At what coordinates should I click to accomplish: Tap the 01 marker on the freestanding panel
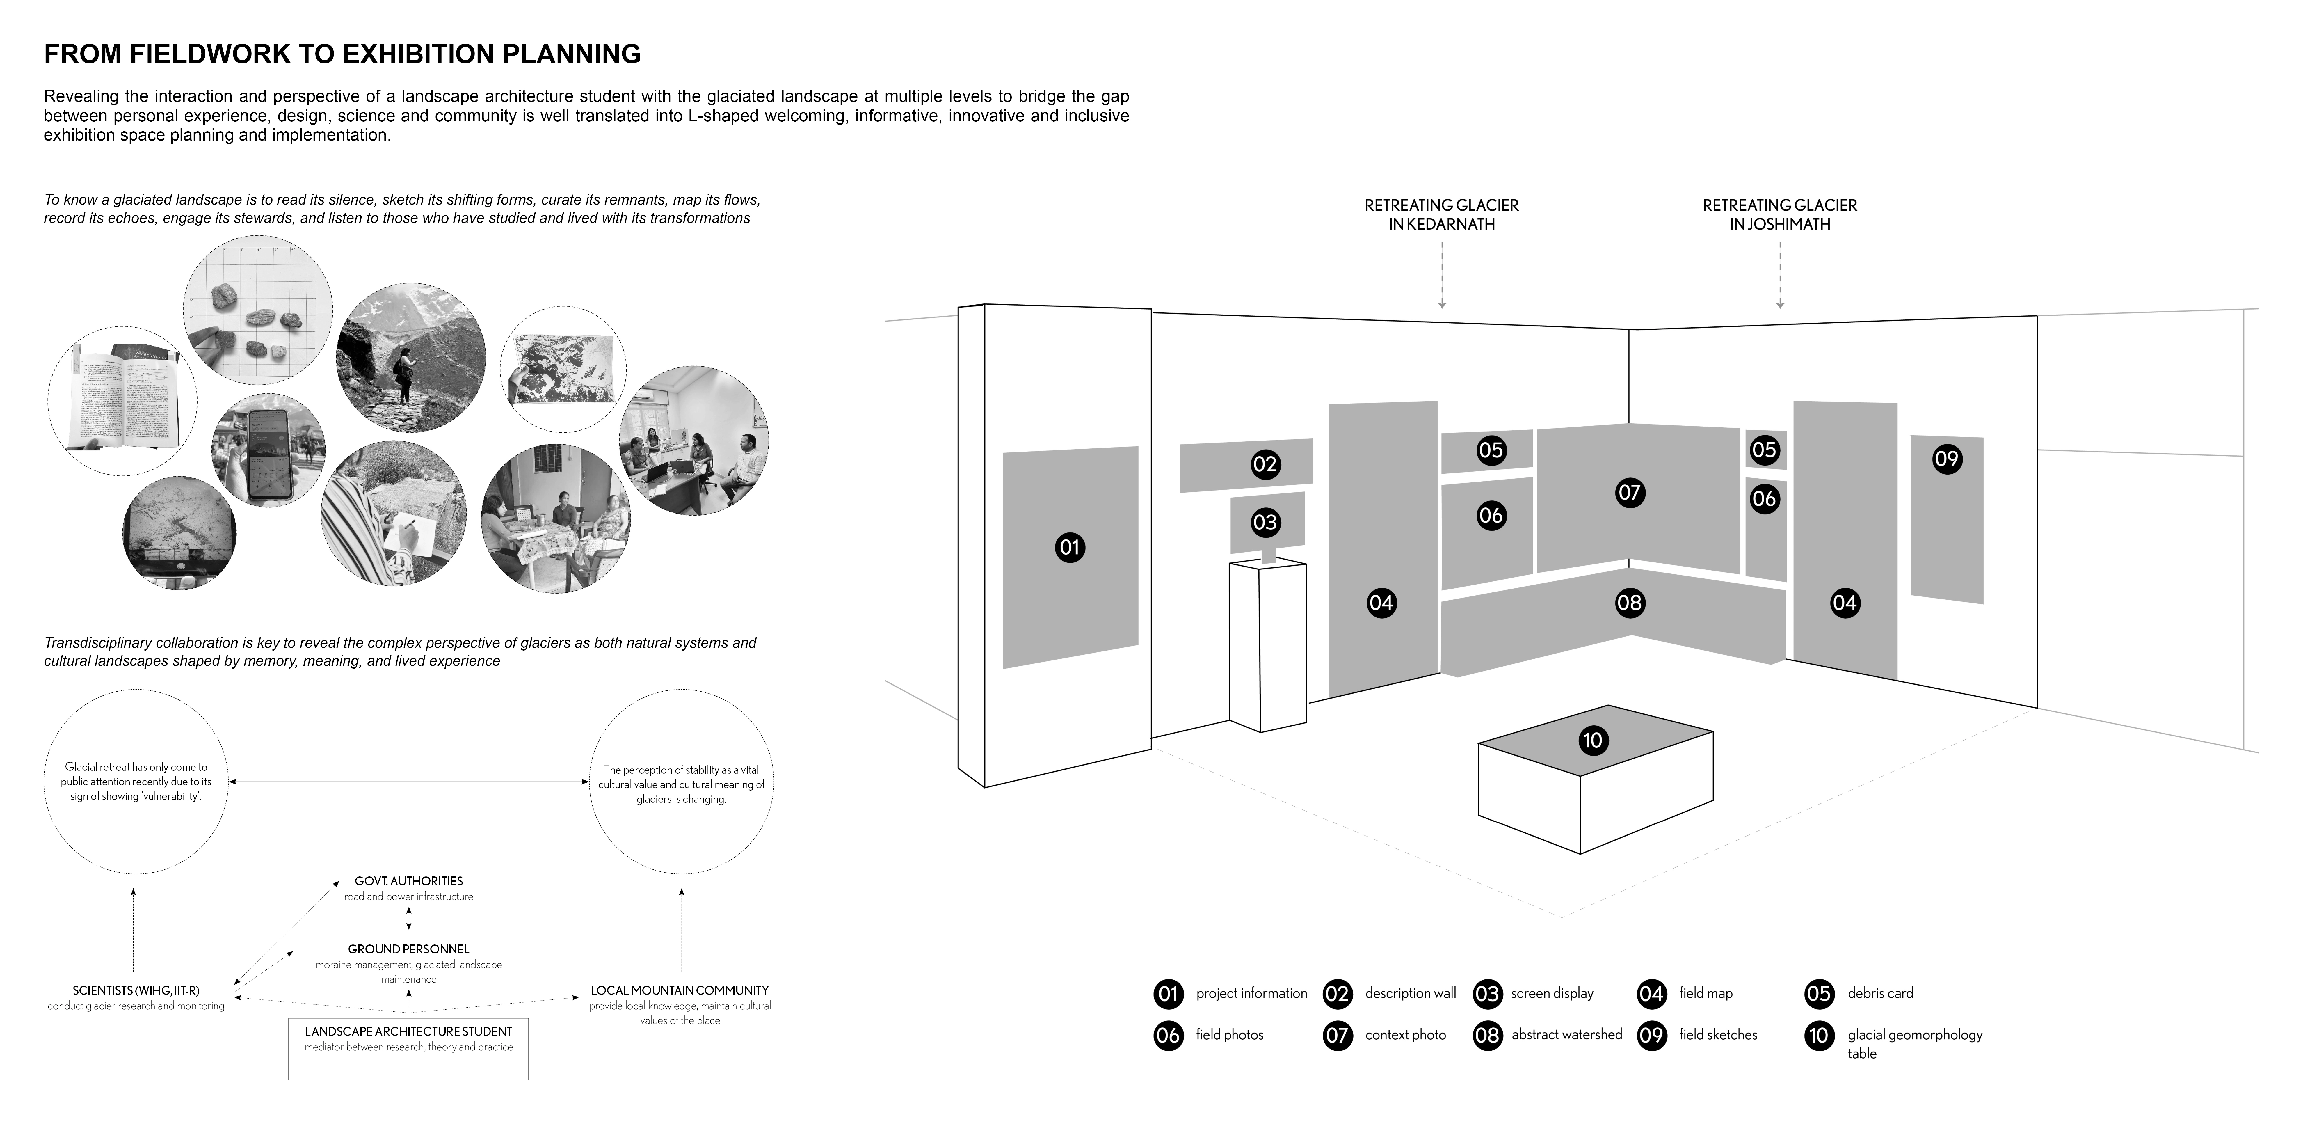[1069, 546]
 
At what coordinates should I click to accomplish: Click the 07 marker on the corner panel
[1629, 492]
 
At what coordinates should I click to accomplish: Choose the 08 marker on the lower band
[1629, 603]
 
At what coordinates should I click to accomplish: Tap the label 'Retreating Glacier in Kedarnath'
[1441, 215]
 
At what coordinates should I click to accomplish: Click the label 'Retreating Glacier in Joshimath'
[1779, 215]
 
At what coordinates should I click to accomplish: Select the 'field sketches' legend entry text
[1717, 1035]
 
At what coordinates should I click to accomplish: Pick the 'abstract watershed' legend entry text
[1566, 1035]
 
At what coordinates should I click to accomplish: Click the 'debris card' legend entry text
[1880, 993]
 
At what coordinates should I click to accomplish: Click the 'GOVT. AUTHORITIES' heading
[409, 881]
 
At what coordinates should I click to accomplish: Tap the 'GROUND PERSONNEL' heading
[409, 949]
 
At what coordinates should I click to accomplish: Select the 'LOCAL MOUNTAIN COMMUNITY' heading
[680, 991]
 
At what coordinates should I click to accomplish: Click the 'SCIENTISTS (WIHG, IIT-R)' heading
[136, 991]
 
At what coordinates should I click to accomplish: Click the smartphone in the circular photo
[270, 454]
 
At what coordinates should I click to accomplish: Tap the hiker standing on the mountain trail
[404, 374]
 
